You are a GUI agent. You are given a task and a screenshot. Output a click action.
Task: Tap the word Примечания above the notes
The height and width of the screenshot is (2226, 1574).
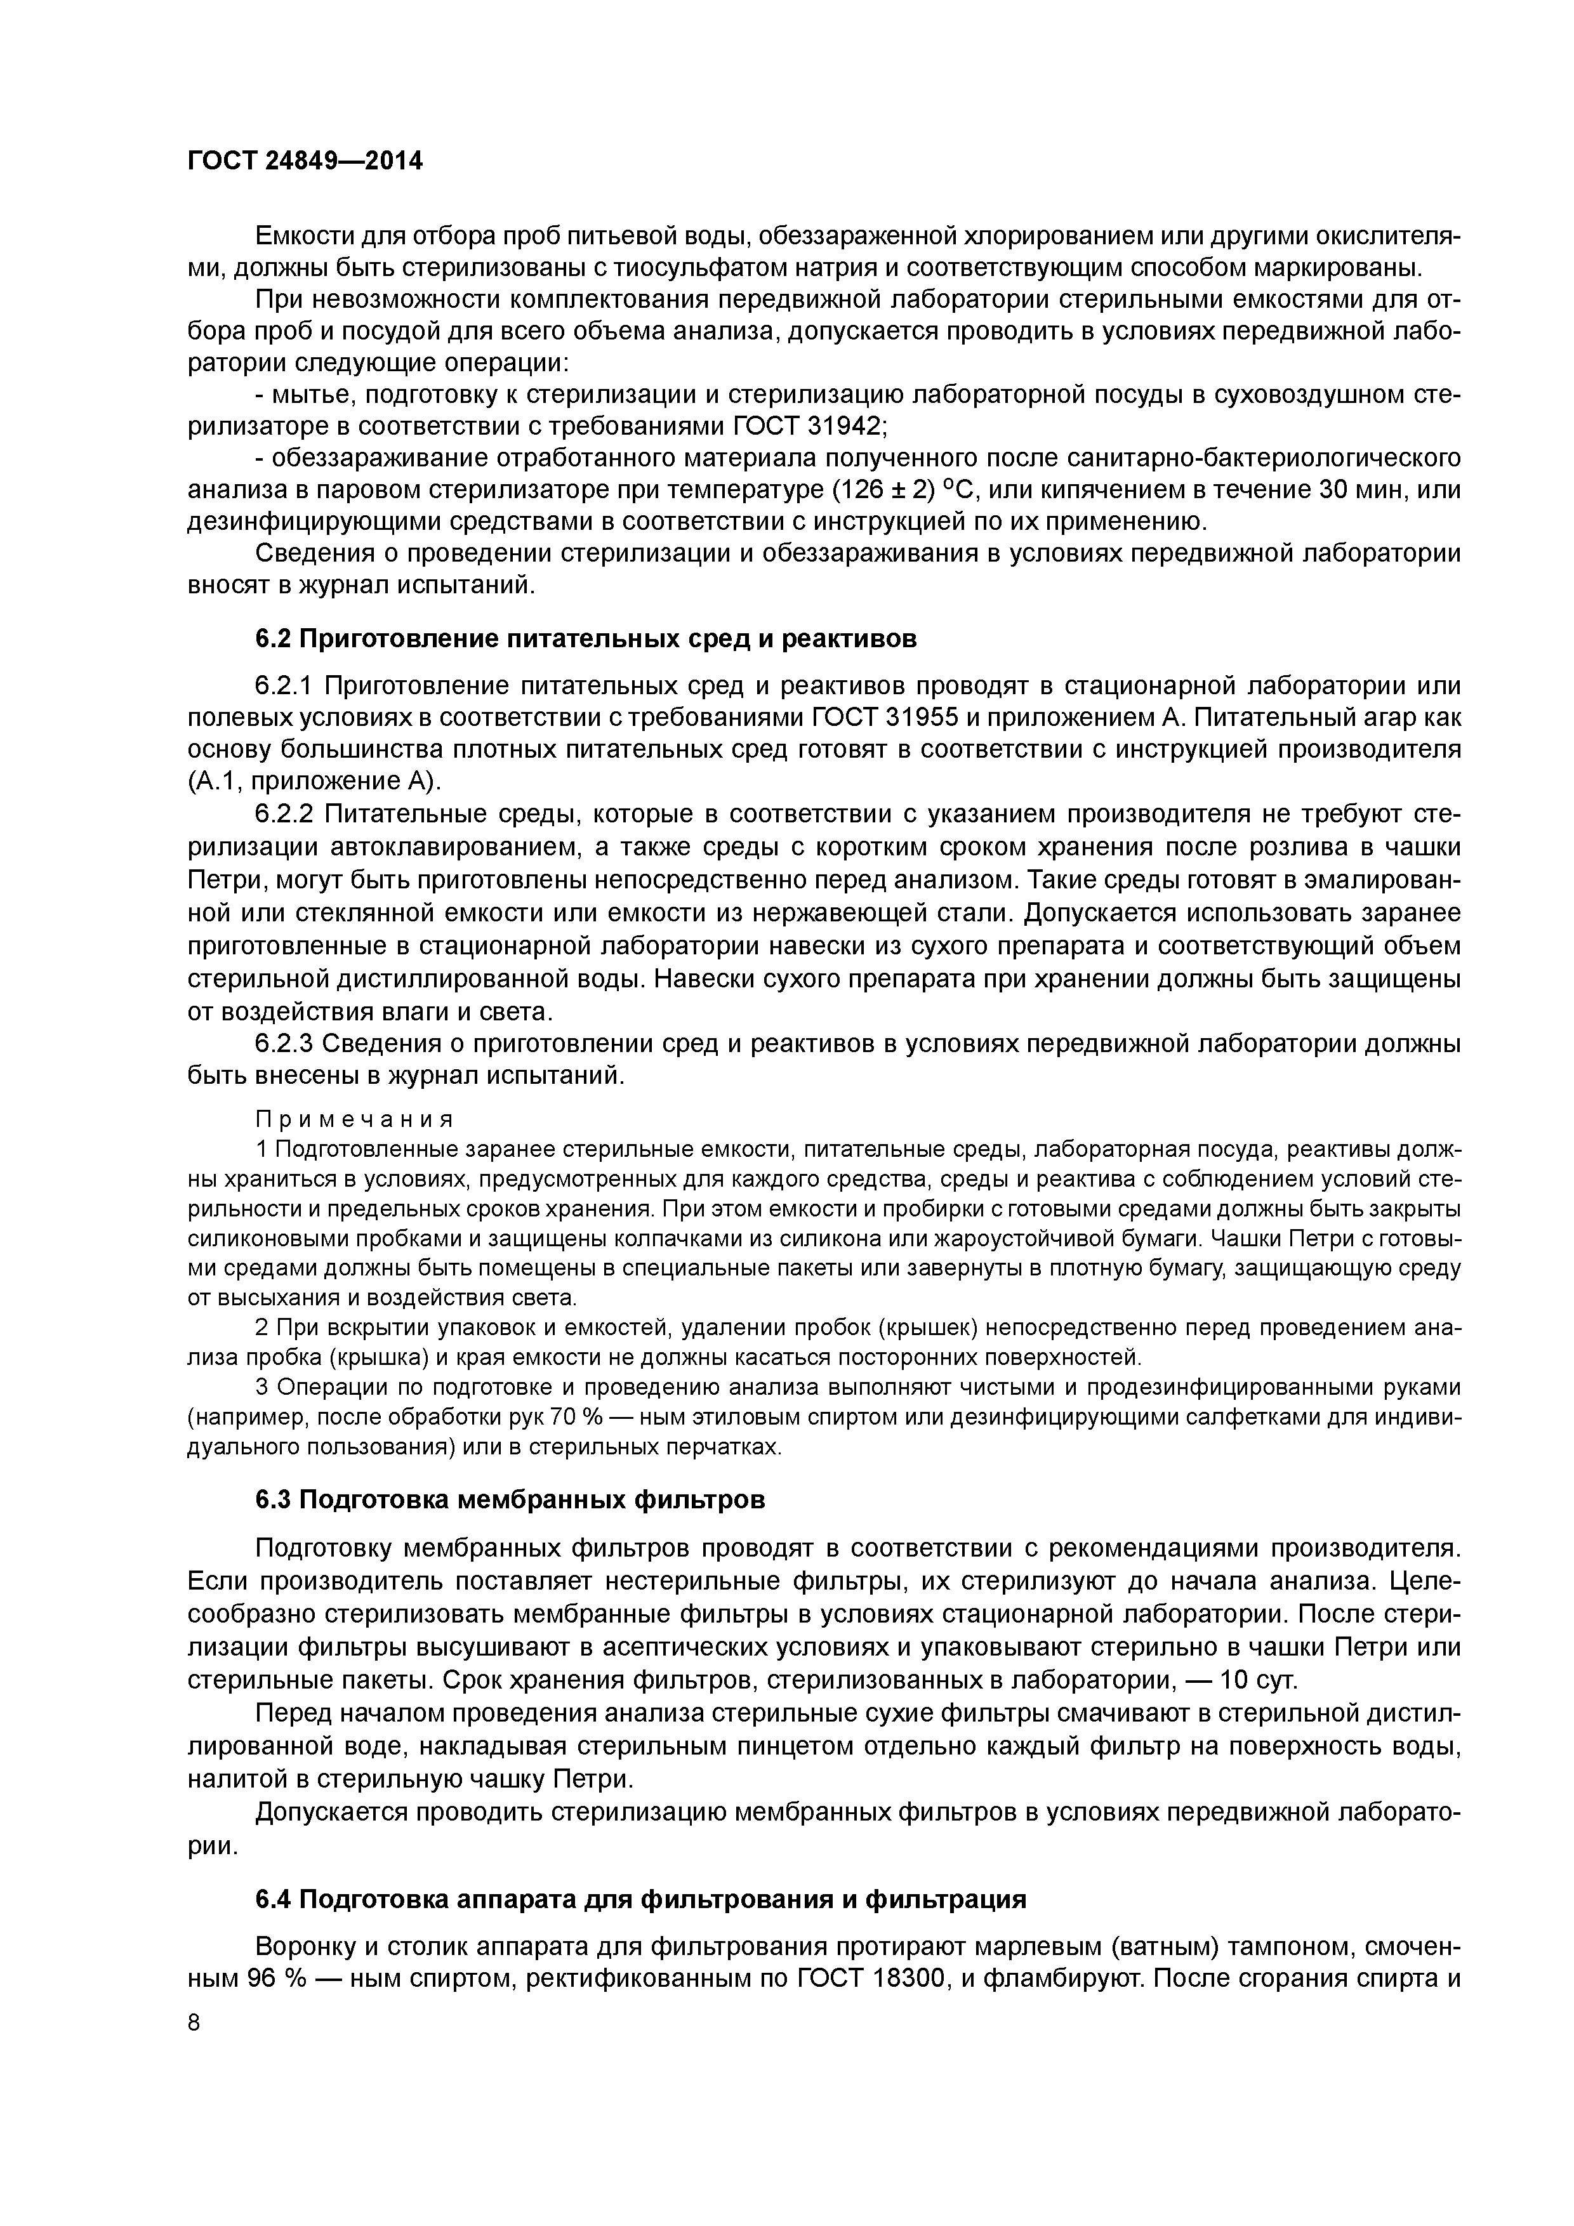(x=354, y=1119)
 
